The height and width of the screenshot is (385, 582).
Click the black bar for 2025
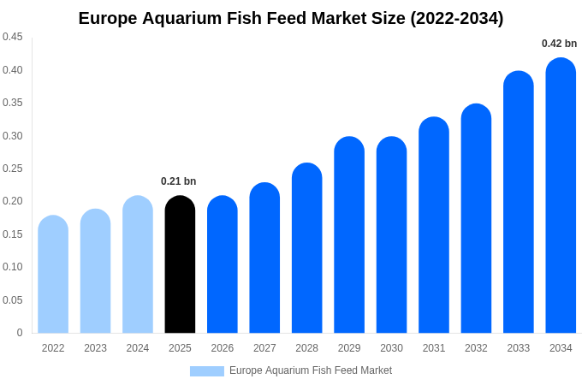(x=180, y=265)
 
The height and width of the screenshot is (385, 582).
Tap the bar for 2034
(x=561, y=197)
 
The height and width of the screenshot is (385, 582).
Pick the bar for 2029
(x=349, y=235)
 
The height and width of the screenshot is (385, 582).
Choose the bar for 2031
(x=434, y=226)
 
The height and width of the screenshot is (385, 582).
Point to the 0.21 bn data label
(x=179, y=181)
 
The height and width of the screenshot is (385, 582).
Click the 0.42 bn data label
(x=559, y=44)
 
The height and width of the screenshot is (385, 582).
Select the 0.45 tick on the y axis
(x=13, y=37)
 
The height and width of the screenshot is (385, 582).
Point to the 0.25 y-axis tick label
(x=13, y=169)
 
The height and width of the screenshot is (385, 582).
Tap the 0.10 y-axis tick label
(x=13, y=267)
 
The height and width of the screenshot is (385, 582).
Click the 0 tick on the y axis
(x=20, y=333)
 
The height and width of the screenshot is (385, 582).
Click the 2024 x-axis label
(x=138, y=348)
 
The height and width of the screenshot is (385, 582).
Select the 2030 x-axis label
(x=391, y=348)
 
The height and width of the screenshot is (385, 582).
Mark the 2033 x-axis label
(x=519, y=348)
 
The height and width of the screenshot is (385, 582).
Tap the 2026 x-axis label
(x=223, y=348)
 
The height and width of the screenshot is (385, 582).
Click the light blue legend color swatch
(x=207, y=371)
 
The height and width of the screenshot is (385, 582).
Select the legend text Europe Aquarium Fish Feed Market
(x=311, y=370)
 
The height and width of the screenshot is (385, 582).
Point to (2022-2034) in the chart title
(x=456, y=18)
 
